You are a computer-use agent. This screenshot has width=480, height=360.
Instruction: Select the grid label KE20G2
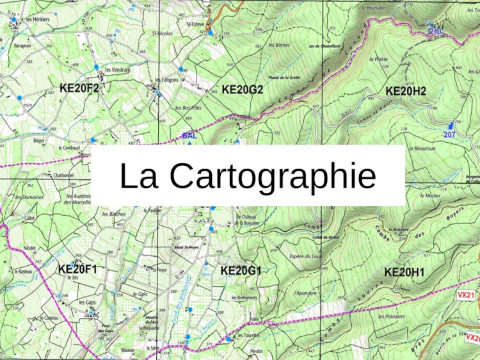243,90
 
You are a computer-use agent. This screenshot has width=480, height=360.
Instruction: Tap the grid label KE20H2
406,91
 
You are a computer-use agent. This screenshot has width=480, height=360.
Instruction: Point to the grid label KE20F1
77,269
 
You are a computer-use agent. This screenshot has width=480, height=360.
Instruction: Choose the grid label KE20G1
241,271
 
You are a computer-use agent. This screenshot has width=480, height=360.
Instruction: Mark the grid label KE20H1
404,272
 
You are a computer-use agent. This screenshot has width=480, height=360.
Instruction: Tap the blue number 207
450,135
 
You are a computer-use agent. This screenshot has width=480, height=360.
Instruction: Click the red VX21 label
465,295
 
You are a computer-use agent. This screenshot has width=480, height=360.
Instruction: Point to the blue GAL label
189,136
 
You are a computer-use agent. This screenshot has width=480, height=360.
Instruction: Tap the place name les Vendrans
118,69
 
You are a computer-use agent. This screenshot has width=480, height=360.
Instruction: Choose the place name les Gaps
87,302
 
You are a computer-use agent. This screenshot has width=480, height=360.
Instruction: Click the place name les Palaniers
391,316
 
